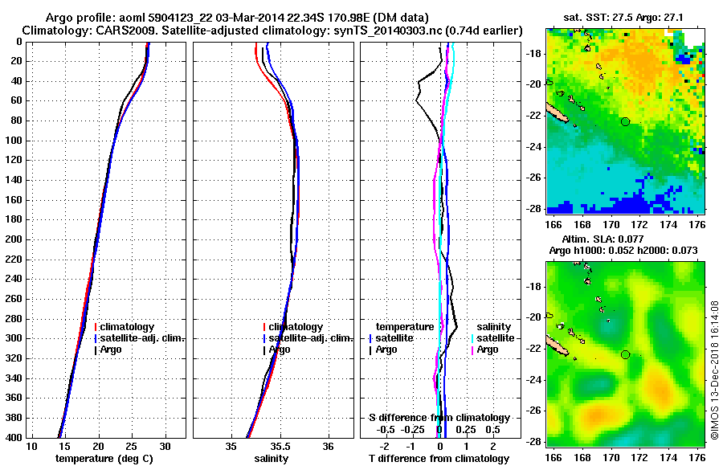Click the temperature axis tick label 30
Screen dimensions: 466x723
point(165,447)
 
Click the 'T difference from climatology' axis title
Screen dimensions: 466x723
point(439,459)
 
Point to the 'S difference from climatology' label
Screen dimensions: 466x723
point(439,418)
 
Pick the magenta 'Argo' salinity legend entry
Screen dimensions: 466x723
point(487,349)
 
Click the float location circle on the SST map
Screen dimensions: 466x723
point(625,121)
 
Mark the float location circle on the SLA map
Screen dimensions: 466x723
point(625,355)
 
